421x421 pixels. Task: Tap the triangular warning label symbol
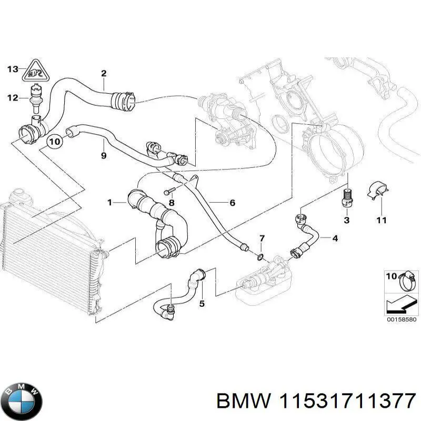coord(35,72)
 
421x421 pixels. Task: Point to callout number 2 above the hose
coord(104,73)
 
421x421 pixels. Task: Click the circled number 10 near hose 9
coord(55,141)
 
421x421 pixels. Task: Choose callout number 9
coord(103,155)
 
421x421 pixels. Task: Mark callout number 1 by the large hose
coord(109,202)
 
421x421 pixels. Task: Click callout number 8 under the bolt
coord(171,203)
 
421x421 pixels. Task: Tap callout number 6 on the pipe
coord(232,203)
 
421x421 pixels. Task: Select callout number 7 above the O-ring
coord(262,240)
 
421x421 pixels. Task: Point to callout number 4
coord(335,238)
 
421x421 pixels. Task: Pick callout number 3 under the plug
coord(346,219)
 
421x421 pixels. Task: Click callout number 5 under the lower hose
coord(201,303)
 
